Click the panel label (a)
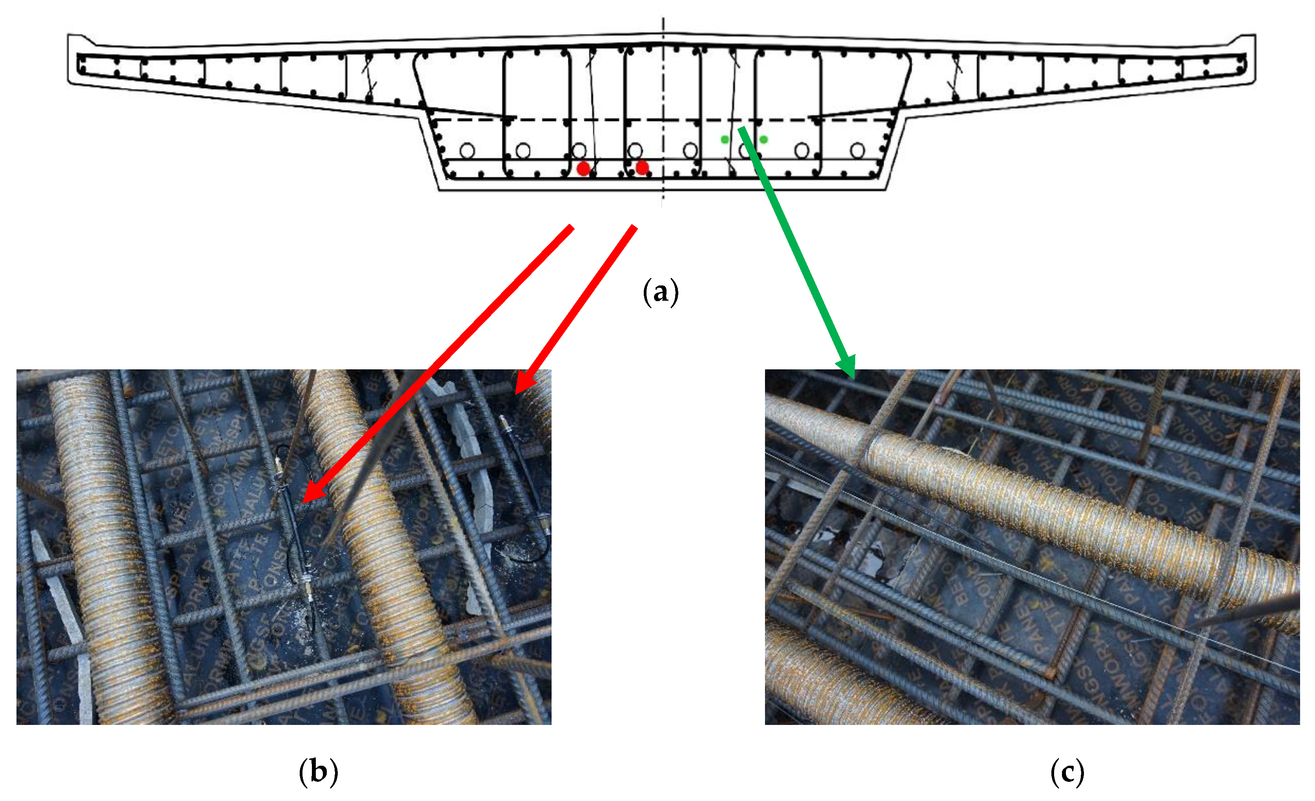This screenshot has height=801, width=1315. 661,292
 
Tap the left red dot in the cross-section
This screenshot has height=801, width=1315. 583,169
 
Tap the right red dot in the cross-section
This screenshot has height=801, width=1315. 642,168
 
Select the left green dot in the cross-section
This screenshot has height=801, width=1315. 725,140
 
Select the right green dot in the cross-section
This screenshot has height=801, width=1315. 764,140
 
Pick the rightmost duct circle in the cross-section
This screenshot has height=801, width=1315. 858,151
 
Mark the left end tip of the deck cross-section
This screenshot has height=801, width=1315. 69,59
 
